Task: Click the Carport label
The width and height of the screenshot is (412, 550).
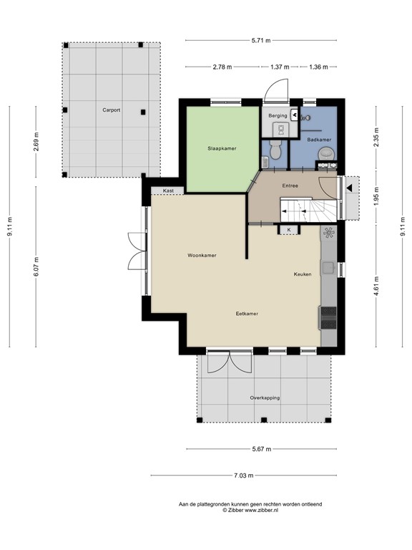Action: click(110, 111)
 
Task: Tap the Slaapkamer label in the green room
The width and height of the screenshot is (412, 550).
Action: click(222, 148)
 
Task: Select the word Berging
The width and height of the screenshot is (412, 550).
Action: click(278, 115)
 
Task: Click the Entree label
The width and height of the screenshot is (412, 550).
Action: click(290, 185)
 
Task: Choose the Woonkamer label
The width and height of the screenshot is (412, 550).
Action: click(202, 255)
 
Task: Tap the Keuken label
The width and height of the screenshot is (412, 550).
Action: click(302, 274)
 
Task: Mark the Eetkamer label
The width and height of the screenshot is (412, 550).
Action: click(247, 314)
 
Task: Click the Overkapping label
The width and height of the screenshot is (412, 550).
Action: click(265, 397)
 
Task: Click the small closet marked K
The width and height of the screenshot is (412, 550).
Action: click(289, 229)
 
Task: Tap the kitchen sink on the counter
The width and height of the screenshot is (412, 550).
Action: click(328, 269)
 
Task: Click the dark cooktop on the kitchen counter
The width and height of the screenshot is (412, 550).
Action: click(328, 317)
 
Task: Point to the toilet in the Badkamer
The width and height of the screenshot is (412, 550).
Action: click(327, 153)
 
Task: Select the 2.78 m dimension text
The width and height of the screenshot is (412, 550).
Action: click(222, 67)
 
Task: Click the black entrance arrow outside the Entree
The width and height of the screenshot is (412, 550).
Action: click(350, 188)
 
